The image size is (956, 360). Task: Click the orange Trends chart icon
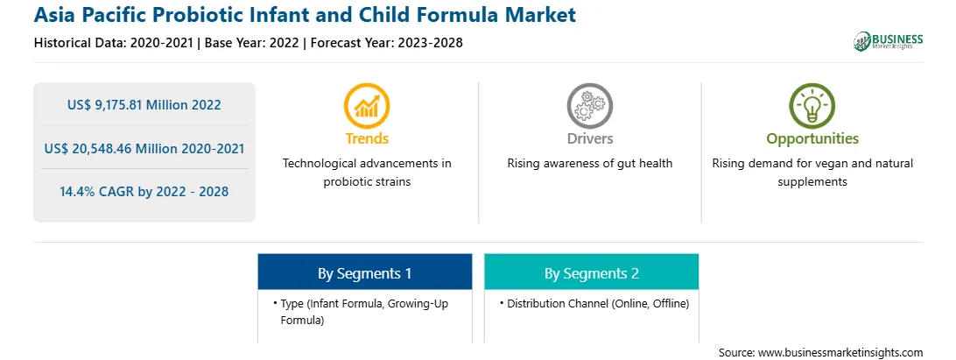367,106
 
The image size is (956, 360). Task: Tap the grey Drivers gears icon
589,106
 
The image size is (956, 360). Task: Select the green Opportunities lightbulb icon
812,106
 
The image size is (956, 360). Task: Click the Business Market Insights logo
889,41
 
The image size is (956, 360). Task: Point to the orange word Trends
367,138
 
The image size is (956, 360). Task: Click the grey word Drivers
589,138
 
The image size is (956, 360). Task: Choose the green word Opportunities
812,139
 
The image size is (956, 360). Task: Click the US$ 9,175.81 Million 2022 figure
144,105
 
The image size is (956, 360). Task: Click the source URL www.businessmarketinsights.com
840,352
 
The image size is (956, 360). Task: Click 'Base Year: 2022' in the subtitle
252,43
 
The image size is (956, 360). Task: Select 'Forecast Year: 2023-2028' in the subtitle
384,43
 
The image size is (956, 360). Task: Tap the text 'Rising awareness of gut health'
589,163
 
